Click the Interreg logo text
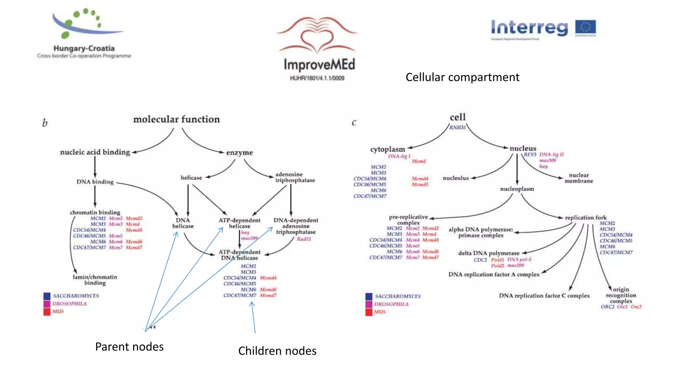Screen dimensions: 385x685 coord(529,28)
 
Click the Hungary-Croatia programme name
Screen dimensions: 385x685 coord(84,48)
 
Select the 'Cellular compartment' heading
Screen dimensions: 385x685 coord(462,77)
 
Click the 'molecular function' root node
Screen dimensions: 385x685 coord(176,119)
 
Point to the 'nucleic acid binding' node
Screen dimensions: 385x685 coord(95,152)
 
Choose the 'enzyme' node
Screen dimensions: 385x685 coord(239,153)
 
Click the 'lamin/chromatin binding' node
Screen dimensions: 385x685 coord(95,280)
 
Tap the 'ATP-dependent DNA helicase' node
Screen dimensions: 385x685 coord(239,255)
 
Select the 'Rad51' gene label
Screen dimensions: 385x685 coord(304,239)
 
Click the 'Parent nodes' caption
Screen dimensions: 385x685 coord(129,347)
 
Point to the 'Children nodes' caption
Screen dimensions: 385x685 coord(277,351)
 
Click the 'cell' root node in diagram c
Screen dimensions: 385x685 coord(458,117)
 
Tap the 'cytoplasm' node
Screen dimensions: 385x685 coord(387,149)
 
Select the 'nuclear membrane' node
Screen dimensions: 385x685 coord(579,178)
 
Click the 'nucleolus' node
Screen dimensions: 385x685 coord(456,178)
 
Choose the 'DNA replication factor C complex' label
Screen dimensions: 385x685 coord(544,296)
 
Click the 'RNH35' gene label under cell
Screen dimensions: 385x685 coord(457,127)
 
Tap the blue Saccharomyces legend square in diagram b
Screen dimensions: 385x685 coord(47,296)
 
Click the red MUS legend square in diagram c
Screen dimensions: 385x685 coord(369,312)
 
